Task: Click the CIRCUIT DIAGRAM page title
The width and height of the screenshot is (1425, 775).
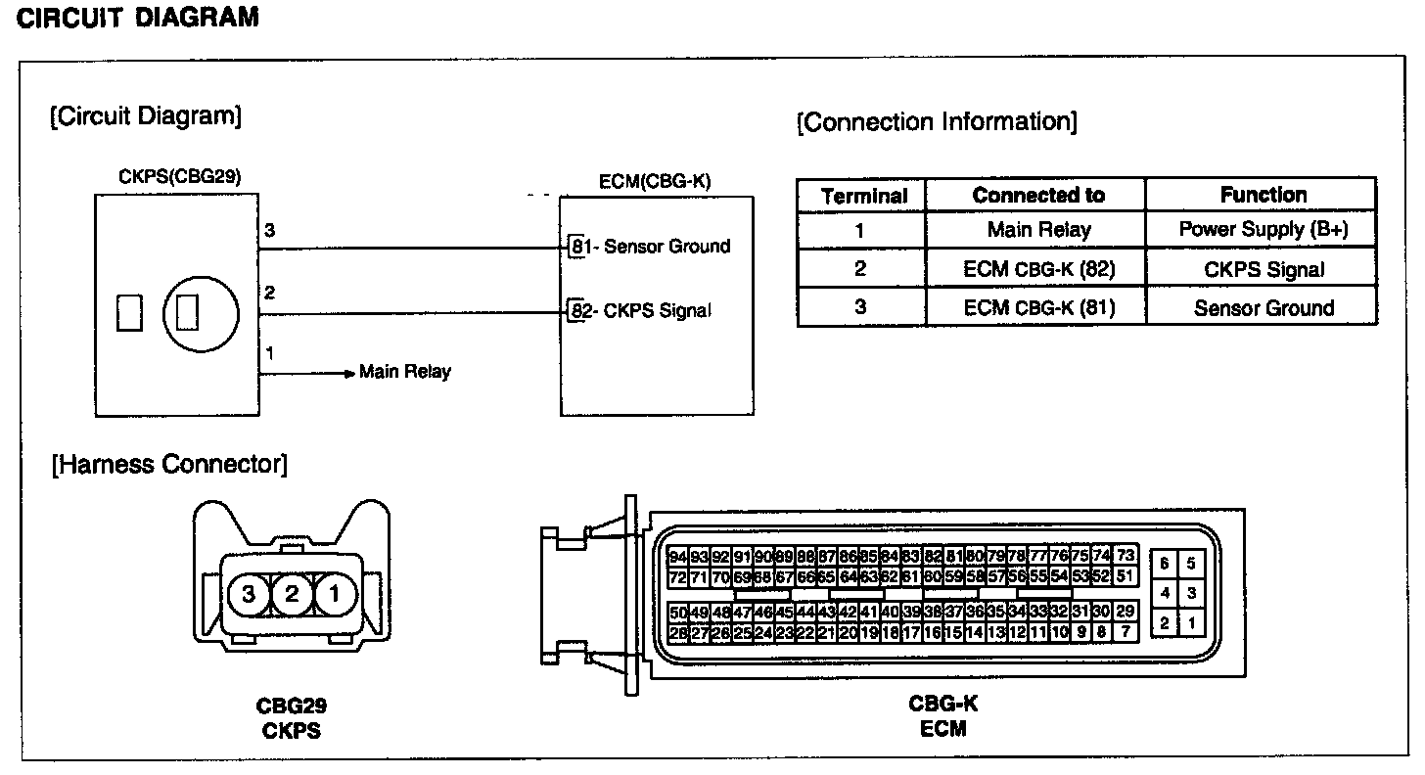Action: tap(140, 19)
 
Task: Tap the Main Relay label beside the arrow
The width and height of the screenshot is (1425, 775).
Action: tap(405, 372)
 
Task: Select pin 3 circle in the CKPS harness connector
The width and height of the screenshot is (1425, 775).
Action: tap(250, 593)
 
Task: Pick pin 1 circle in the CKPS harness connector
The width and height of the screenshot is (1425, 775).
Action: tap(334, 593)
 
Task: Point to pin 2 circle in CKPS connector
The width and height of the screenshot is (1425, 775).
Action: tap(292, 593)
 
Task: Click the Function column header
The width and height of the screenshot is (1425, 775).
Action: tap(1263, 195)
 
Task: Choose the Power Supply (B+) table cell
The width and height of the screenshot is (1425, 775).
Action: tap(1263, 231)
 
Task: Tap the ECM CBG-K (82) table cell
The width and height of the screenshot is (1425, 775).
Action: tap(1038, 269)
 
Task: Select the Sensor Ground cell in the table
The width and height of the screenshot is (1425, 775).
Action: tap(1263, 307)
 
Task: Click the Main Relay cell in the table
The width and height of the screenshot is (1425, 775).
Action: tap(1038, 231)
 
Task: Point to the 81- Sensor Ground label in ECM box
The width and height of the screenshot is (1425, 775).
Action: tap(650, 246)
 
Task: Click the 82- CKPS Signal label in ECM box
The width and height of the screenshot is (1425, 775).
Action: tap(641, 311)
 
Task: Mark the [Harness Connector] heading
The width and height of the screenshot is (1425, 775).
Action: tap(169, 464)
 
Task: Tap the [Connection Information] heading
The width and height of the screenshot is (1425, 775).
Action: tap(937, 122)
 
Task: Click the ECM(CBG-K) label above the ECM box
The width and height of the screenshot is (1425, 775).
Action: tap(655, 181)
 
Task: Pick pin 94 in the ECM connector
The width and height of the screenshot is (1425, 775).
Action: tap(677, 556)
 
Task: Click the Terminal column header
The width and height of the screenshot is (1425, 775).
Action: tap(864, 195)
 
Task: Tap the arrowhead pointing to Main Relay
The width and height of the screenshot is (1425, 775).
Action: tap(348, 373)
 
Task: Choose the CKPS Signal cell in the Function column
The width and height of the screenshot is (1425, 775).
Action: tap(1263, 269)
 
